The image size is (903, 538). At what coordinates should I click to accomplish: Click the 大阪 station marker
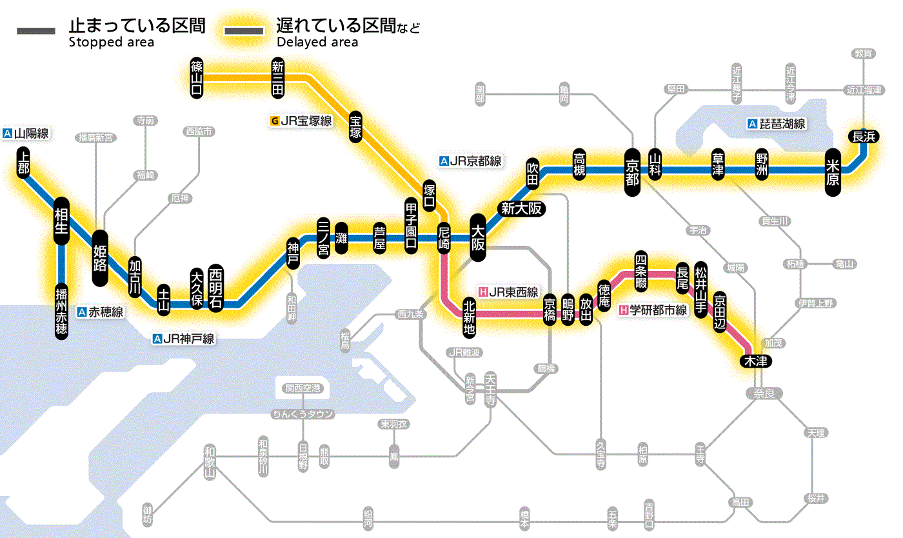point(478,237)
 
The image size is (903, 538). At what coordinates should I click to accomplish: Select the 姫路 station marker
point(100,257)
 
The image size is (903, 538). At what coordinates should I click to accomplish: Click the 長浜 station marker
point(863,136)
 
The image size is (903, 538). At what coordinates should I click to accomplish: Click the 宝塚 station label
point(355,126)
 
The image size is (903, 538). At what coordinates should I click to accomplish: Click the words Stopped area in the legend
point(111,42)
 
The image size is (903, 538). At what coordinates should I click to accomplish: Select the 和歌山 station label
point(210,462)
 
